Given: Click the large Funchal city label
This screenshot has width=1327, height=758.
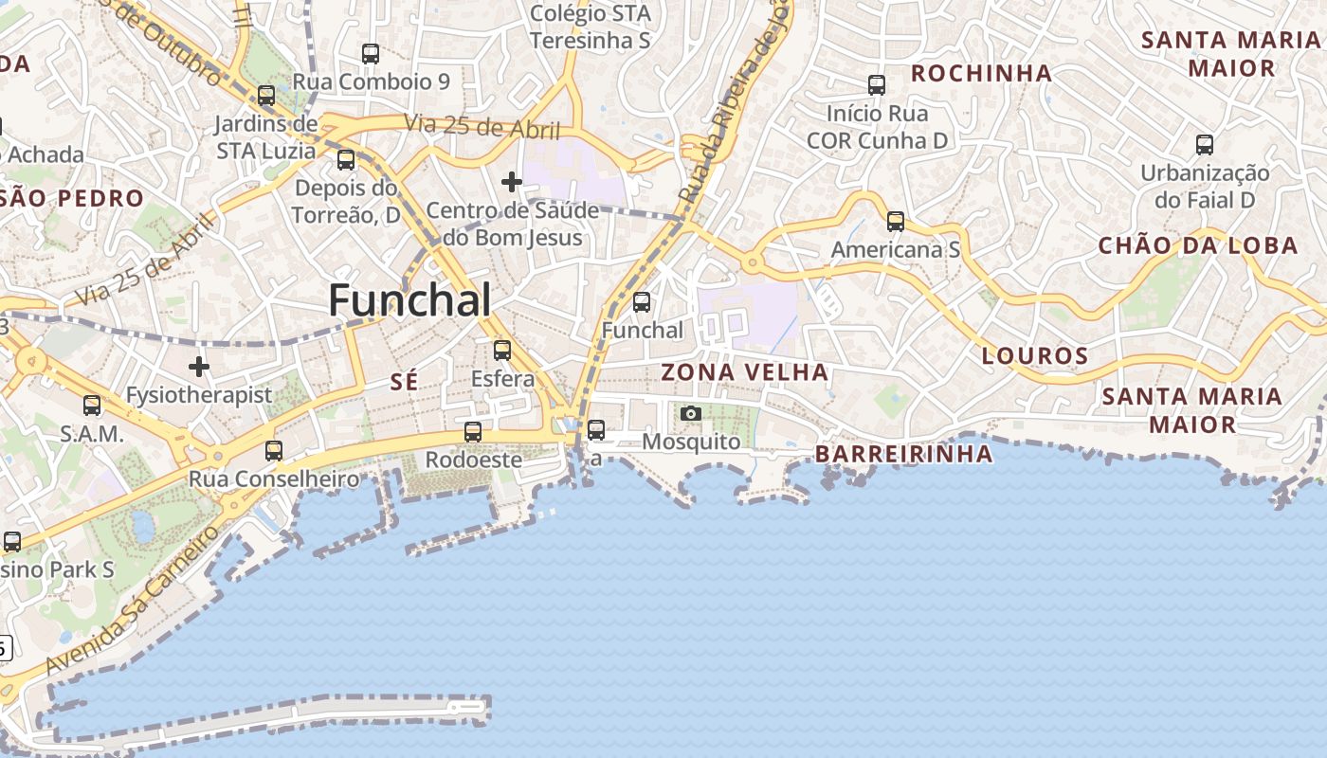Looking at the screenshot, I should tap(409, 300).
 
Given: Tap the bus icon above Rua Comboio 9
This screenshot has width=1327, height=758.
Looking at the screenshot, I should tap(371, 54).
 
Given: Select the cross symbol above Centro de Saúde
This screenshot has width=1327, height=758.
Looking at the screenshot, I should tap(512, 181).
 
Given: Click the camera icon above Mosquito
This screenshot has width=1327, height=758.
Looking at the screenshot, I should tap(691, 413).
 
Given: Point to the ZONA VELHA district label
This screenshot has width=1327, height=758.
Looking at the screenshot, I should tap(744, 372).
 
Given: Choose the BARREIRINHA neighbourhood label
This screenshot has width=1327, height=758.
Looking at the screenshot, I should tap(903, 454).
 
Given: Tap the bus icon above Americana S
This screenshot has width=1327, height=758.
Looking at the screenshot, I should tap(895, 222).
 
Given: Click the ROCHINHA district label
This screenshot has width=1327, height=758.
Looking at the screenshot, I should tap(981, 73).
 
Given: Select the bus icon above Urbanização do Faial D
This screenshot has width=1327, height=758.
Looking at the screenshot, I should tap(1204, 145).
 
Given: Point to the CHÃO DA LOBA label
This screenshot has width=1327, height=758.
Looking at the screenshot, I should tap(1197, 245).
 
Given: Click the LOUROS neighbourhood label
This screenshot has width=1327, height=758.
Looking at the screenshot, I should tap(1035, 356).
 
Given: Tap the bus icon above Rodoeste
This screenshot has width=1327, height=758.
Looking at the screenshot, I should tap(472, 432).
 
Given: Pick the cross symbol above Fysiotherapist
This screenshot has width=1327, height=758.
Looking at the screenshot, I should tap(199, 366).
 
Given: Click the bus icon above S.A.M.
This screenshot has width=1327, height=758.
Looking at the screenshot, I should tap(92, 406).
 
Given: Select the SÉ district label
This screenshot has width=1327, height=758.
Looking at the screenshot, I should tap(404, 382).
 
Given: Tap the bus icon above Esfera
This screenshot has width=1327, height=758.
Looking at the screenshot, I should tap(502, 351).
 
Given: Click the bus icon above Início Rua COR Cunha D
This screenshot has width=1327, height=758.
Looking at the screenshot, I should tap(877, 85).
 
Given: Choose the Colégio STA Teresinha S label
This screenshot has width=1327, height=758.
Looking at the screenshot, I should tap(590, 27).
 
